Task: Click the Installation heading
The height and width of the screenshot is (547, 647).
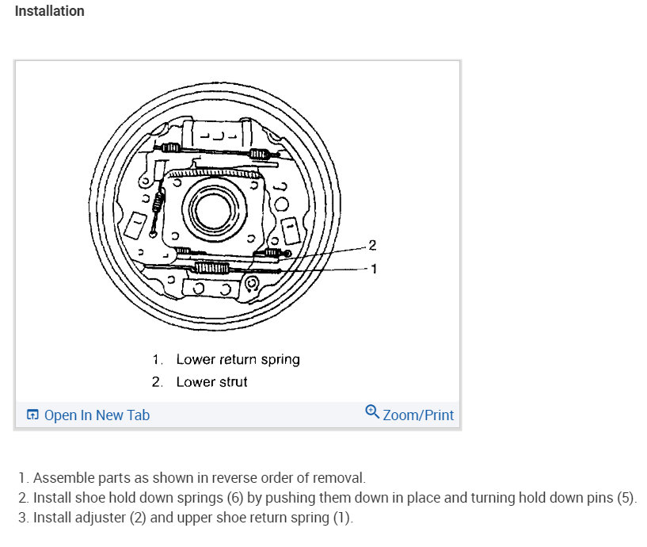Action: (49, 11)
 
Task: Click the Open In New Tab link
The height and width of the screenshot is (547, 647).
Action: (97, 415)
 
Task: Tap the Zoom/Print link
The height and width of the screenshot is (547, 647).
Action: (418, 415)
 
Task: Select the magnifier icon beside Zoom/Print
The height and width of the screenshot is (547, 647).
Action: (372, 412)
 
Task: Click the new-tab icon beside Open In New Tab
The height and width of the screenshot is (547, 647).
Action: (32, 415)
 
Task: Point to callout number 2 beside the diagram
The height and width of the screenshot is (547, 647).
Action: (372, 244)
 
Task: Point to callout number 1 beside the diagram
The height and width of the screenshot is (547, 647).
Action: (374, 269)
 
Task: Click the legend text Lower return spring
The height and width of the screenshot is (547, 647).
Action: (238, 359)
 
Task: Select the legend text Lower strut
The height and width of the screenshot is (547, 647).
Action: (211, 381)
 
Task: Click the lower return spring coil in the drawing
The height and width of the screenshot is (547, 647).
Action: (212, 268)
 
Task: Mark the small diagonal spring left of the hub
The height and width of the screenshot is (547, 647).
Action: (158, 205)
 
